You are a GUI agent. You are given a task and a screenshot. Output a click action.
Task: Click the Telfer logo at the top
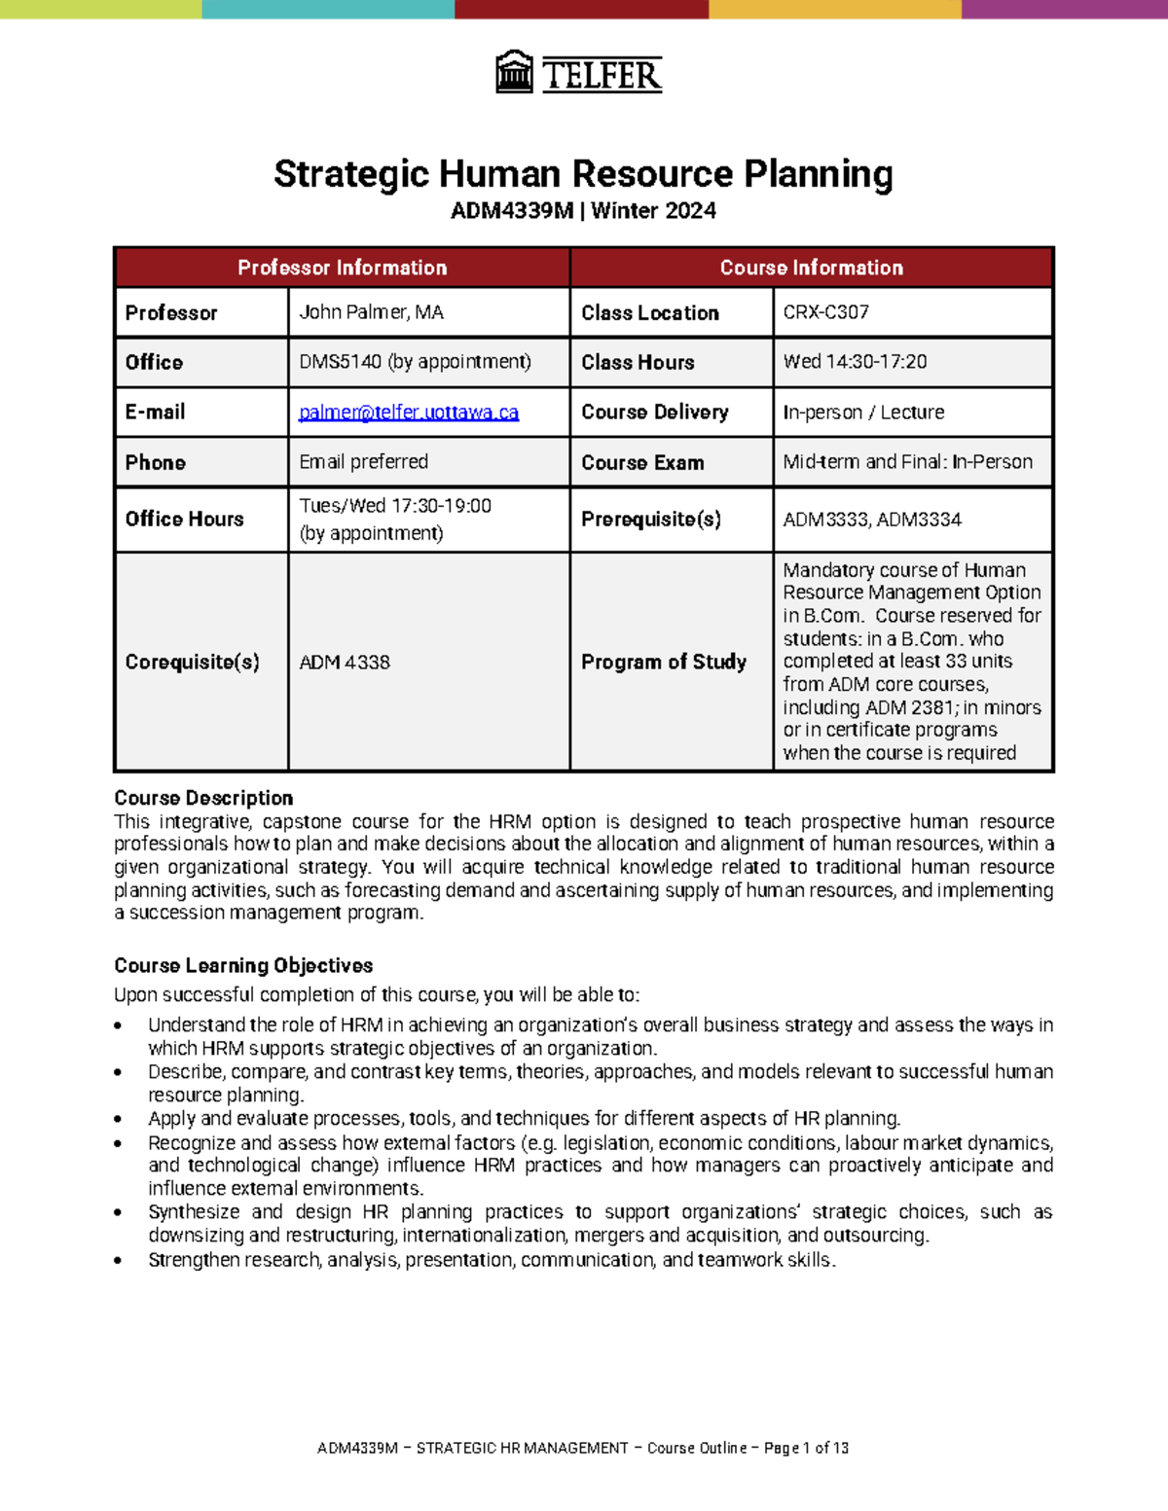(x=579, y=73)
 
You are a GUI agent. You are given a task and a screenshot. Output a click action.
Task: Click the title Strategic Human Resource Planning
(x=583, y=174)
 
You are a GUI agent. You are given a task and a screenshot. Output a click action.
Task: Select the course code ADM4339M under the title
(x=512, y=211)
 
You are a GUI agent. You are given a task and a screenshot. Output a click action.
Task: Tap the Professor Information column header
(x=342, y=268)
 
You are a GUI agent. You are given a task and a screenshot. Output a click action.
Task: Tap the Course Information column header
(x=811, y=268)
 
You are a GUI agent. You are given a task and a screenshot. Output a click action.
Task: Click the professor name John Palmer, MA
(x=371, y=312)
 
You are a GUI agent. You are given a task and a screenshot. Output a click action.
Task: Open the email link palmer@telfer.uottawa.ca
(x=409, y=413)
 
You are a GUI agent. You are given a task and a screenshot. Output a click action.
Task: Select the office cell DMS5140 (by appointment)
(x=415, y=362)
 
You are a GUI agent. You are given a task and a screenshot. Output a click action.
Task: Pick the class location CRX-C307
(x=825, y=312)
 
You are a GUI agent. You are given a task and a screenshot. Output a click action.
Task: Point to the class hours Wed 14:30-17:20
(x=855, y=362)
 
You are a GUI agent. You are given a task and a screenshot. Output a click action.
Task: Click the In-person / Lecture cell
(x=863, y=413)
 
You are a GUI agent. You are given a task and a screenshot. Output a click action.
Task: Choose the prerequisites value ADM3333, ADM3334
(x=872, y=520)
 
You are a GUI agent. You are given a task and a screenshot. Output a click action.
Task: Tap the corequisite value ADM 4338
(x=345, y=663)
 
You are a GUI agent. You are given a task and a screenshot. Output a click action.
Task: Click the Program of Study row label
(x=664, y=663)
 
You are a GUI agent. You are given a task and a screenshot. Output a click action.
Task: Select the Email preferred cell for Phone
(x=363, y=462)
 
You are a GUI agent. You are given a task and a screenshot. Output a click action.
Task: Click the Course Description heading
(x=203, y=798)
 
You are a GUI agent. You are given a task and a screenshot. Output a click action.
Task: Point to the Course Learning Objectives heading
(x=243, y=965)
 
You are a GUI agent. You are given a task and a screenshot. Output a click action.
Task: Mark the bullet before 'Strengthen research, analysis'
(x=118, y=1261)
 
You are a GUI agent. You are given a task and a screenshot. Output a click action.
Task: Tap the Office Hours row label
(x=184, y=520)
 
